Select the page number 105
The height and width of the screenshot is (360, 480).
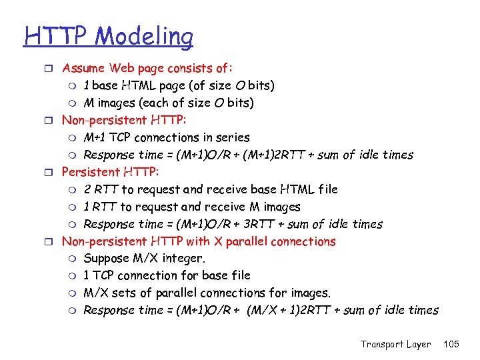[x=451, y=344]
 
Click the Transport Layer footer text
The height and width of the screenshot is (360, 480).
[x=395, y=344]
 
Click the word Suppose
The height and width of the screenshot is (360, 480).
[x=107, y=259]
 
